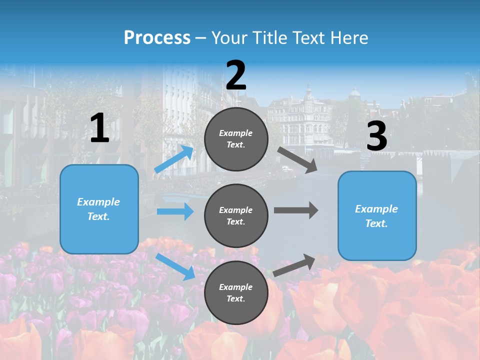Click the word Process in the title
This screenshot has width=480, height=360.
point(157,38)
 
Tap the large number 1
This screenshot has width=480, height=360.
point(99,128)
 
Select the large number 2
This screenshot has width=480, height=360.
point(236,75)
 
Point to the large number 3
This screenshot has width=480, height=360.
point(376,136)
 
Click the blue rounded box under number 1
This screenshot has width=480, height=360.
point(99,209)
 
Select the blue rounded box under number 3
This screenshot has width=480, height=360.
point(377,216)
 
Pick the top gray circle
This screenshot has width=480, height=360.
point(236,139)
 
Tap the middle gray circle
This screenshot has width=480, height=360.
point(236,216)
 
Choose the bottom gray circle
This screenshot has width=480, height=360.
point(236,293)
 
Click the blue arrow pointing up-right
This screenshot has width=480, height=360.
point(174,159)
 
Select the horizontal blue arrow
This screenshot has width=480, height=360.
point(175,211)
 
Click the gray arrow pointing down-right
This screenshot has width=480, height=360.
point(297,159)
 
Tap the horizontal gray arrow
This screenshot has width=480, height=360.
point(296,210)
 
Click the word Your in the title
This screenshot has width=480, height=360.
point(228,38)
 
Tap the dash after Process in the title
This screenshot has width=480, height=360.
point(201,38)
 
